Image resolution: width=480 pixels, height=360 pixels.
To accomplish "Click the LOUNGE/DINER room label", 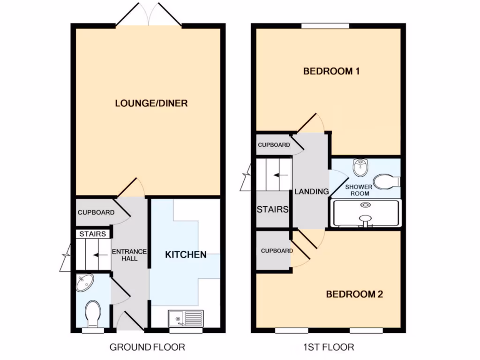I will pos(151,103).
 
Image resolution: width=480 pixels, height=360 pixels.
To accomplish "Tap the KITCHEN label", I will pos(186,255).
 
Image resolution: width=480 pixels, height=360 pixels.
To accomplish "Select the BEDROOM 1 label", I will pos(328,72).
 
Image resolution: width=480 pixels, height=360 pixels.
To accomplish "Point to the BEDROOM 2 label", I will pos(354,294).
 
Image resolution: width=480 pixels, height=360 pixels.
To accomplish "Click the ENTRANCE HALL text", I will pos(129,255).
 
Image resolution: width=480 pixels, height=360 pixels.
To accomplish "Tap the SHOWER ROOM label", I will pos(359,190).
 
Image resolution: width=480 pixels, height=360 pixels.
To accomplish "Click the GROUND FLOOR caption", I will pos(147,347).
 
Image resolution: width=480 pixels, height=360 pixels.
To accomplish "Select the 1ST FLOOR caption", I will pos(328,347).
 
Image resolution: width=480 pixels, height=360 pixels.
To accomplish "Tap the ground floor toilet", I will pos(92,313).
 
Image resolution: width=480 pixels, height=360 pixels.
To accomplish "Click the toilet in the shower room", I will pos(387,181).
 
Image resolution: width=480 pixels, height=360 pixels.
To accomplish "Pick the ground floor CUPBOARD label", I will pos(96,212).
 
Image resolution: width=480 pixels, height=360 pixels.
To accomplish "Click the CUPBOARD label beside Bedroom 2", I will pos(277,251).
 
